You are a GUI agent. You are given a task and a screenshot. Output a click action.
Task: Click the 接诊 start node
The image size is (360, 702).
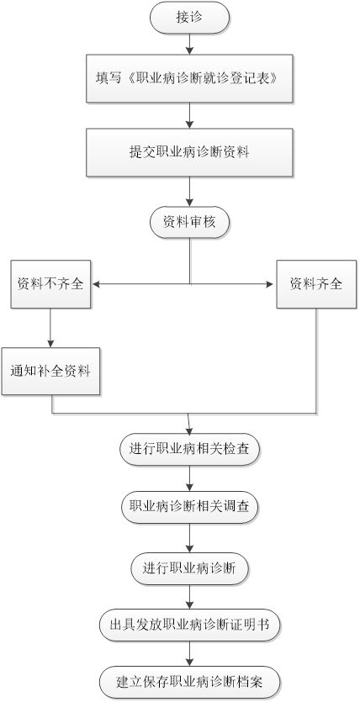click(x=189, y=18)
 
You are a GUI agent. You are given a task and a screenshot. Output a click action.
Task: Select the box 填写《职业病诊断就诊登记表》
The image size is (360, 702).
click(x=189, y=78)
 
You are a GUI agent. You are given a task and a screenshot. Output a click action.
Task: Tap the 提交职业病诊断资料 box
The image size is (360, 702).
click(x=189, y=152)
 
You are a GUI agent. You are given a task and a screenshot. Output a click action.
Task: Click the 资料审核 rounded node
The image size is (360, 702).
click(x=189, y=222)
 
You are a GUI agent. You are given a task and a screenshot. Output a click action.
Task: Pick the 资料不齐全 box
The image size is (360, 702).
click(x=50, y=284)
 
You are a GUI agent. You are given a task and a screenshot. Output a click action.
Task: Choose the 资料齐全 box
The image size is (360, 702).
click(x=316, y=284)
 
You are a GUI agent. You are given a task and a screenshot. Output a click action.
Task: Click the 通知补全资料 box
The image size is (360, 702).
click(x=50, y=371)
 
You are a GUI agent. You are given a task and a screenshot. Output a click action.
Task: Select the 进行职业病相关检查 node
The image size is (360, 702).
click(x=189, y=449)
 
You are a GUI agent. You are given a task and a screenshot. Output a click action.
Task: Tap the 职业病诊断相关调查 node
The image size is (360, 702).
click(x=189, y=508)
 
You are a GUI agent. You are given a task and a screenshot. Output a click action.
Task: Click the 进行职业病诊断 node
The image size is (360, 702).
click(x=189, y=568)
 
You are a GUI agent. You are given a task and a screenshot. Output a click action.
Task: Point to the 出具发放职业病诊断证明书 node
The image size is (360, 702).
click(x=189, y=624)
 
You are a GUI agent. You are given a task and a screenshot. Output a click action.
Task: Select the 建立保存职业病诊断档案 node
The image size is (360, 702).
click(x=189, y=683)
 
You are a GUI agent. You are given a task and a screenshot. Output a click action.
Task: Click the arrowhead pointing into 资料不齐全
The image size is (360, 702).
click(x=94, y=284)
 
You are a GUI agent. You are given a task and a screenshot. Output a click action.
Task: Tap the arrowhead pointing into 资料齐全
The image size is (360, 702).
click(x=270, y=284)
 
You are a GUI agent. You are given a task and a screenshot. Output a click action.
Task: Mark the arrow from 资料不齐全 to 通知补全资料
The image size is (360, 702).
click(x=50, y=328)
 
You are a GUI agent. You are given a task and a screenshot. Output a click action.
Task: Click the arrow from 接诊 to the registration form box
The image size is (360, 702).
click(x=189, y=44)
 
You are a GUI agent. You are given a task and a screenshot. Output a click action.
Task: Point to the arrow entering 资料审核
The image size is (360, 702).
click(x=189, y=192)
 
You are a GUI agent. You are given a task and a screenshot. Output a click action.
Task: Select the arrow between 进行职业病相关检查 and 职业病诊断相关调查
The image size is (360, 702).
click(x=189, y=478)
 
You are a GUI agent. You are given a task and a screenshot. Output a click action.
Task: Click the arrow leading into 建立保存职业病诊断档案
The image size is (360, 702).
click(x=189, y=653)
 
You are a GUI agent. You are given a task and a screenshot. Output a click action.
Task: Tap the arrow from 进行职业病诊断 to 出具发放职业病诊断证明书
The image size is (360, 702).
click(x=189, y=597)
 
